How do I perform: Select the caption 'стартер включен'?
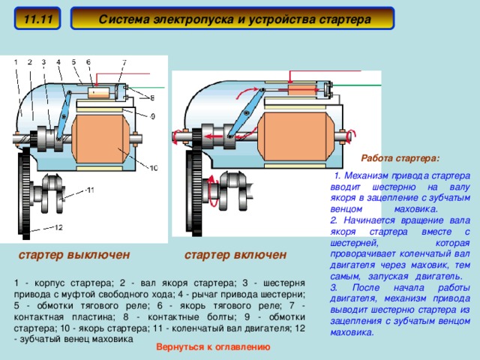(x=235, y=255)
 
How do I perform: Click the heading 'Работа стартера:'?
(x=400, y=158)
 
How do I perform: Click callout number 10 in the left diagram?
(x=153, y=168)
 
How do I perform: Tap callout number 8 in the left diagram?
(x=153, y=97)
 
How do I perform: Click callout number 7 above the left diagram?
(x=124, y=61)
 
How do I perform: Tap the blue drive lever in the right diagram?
(x=244, y=113)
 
